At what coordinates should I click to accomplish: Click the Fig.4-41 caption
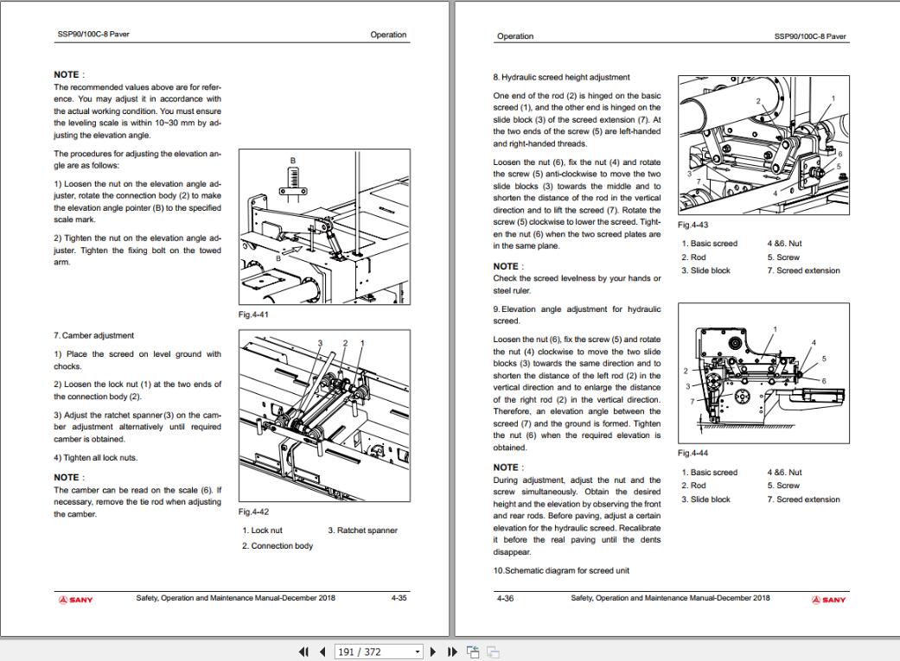tap(253, 315)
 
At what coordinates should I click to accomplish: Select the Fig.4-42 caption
tap(253, 512)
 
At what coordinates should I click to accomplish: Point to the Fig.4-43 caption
tap(693, 225)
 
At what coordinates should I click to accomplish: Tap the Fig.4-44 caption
tap(693, 453)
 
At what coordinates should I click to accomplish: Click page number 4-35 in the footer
tap(399, 598)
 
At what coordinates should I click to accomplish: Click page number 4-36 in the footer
tap(505, 598)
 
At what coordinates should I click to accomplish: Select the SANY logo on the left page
tap(74, 599)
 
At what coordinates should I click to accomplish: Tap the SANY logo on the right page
tap(828, 599)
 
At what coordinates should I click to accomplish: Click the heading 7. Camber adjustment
tap(93, 335)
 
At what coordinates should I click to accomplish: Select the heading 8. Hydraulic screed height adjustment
tap(561, 77)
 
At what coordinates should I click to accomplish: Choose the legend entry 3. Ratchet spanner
tap(362, 531)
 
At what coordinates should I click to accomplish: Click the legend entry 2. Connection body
tap(277, 546)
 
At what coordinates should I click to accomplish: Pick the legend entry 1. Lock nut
tap(262, 531)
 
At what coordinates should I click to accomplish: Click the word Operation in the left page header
tap(388, 35)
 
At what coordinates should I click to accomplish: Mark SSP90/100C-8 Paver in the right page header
tap(810, 36)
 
